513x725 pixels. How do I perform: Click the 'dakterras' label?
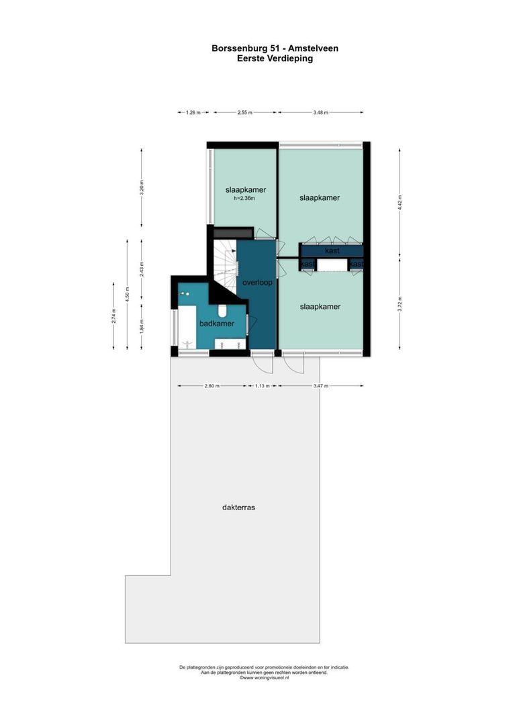tap(238, 507)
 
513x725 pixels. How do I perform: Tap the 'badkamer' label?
tap(216, 324)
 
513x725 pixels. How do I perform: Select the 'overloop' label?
tap(258, 283)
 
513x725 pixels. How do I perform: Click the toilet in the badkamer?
tap(222, 310)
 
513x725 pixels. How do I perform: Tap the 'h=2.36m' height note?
tap(244, 199)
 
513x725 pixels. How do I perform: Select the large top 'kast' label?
tap(332, 250)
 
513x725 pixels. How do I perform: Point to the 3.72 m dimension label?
tap(400, 303)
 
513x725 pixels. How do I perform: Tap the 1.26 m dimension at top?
tap(193, 113)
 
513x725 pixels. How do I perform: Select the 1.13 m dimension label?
tap(263, 386)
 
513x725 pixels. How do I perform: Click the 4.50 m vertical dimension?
tap(127, 293)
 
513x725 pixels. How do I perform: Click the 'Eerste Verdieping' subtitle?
tap(274, 58)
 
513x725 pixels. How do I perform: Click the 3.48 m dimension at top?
tap(320, 113)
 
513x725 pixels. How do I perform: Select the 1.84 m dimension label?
tap(142, 326)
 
